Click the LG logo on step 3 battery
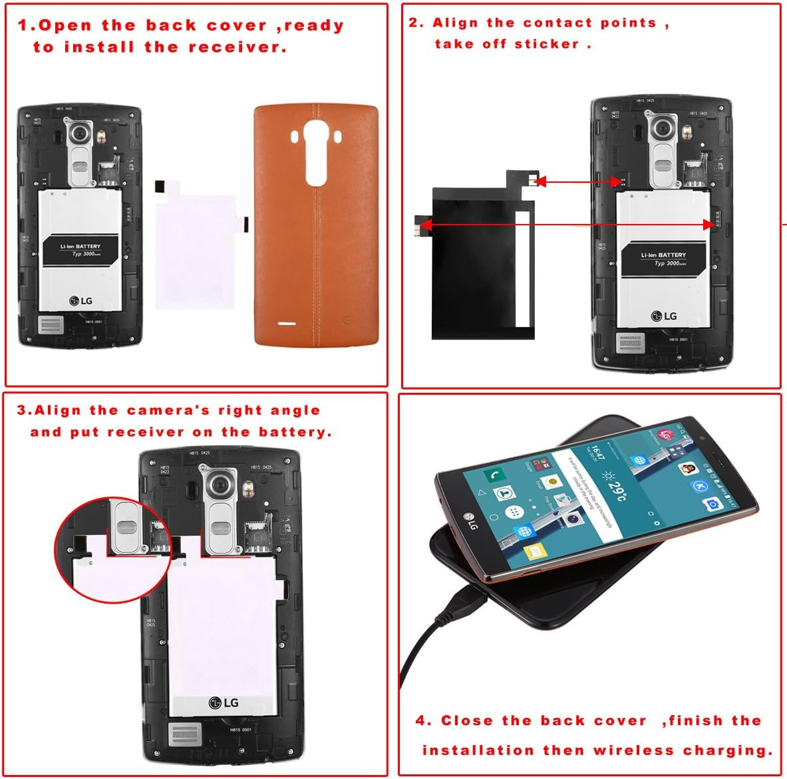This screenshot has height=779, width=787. pyautogui.click(x=224, y=703)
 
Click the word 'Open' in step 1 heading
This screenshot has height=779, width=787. pyautogui.click(x=65, y=26)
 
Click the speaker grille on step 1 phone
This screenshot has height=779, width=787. pyautogui.click(x=51, y=325)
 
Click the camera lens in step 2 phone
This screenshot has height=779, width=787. pyautogui.click(x=663, y=128)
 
